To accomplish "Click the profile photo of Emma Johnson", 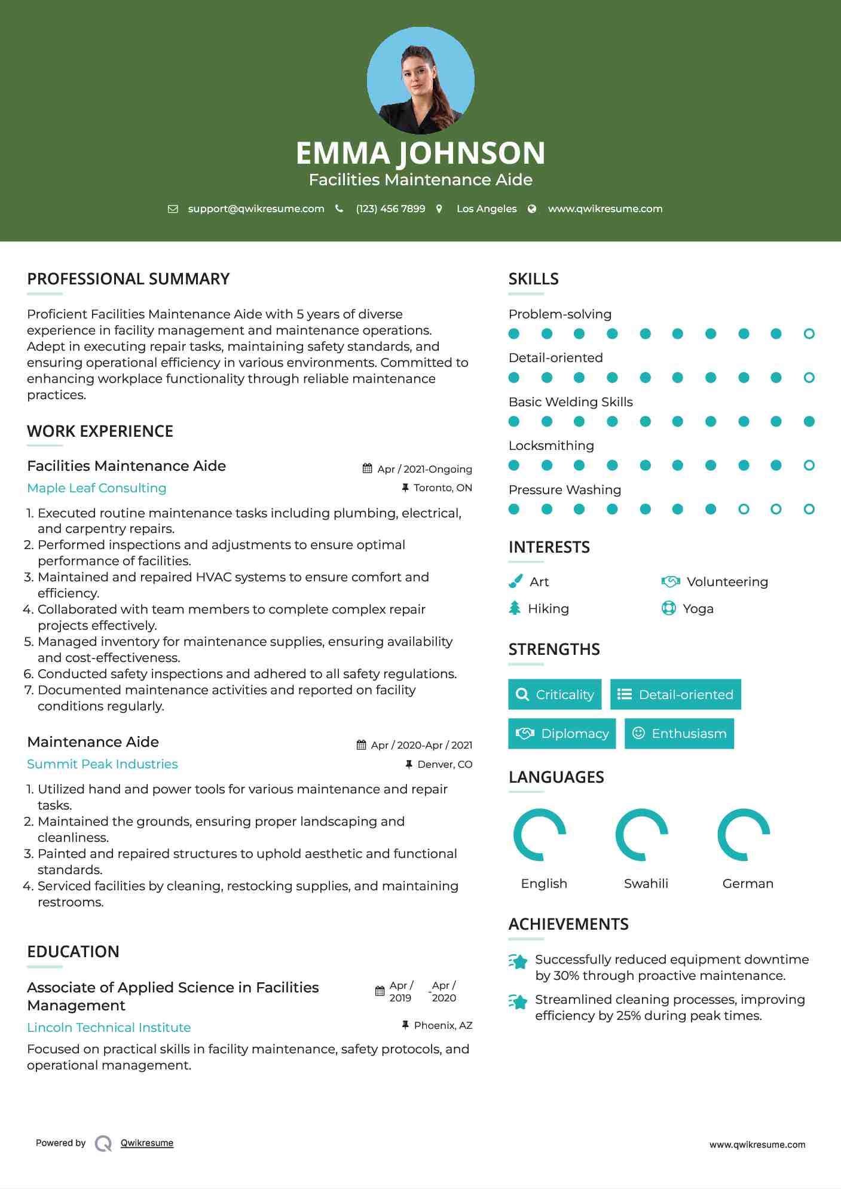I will [x=420, y=80].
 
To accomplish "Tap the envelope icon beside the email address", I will [x=173, y=209].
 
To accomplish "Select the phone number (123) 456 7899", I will [x=390, y=209].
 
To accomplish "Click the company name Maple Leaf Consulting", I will [x=97, y=488].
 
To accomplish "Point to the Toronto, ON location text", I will [x=442, y=488].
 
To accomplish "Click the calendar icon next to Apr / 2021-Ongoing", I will [x=368, y=469].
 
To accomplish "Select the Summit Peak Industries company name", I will [x=102, y=764].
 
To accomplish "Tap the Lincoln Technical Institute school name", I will [x=109, y=1028].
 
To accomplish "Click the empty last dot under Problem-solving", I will [x=809, y=334].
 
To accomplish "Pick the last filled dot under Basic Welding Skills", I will [x=809, y=422].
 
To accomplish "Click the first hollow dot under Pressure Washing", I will [x=744, y=510].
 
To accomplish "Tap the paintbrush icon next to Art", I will [x=515, y=581].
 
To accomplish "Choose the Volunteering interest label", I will [x=727, y=582].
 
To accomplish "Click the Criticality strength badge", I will [x=555, y=694].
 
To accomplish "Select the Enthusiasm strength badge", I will [x=679, y=734].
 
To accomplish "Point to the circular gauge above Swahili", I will [x=642, y=835].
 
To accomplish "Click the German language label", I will [x=748, y=884].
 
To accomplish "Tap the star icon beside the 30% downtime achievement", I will [x=518, y=961].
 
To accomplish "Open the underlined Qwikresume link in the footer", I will [x=147, y=1143].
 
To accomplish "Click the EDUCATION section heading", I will [x=73, y=952].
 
